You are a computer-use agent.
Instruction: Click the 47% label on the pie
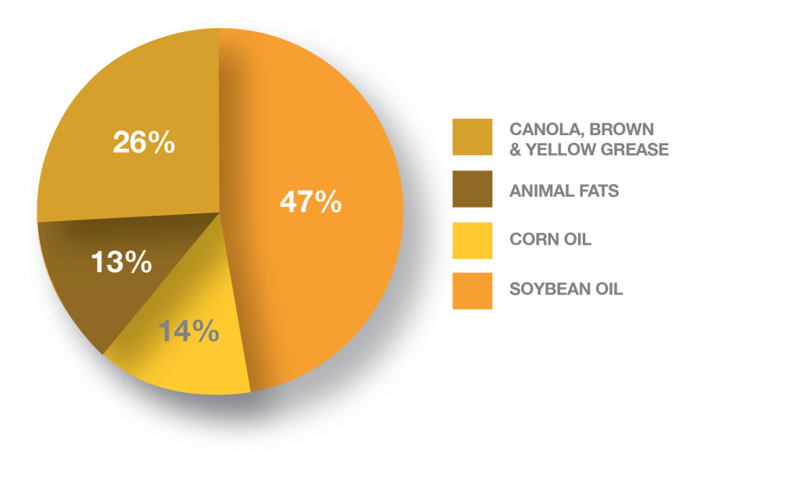coord(311,202)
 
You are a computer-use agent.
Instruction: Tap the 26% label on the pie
coord(144,142)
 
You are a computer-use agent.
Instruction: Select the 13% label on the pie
coord(121,262)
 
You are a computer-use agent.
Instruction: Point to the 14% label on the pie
coord(189,331)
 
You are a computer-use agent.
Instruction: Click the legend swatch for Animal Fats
coord(473,189)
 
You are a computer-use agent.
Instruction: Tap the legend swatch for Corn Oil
coord(473,240)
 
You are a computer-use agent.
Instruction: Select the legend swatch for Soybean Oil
coord(473,291)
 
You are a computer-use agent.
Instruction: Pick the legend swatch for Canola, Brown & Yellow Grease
coord(473,137)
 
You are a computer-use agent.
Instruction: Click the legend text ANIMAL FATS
coord(564,191)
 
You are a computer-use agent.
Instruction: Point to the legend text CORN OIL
coord(551,239)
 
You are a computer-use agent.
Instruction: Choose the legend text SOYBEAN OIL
coord(566,289)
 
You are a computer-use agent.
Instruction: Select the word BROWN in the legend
coord(621,129)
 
